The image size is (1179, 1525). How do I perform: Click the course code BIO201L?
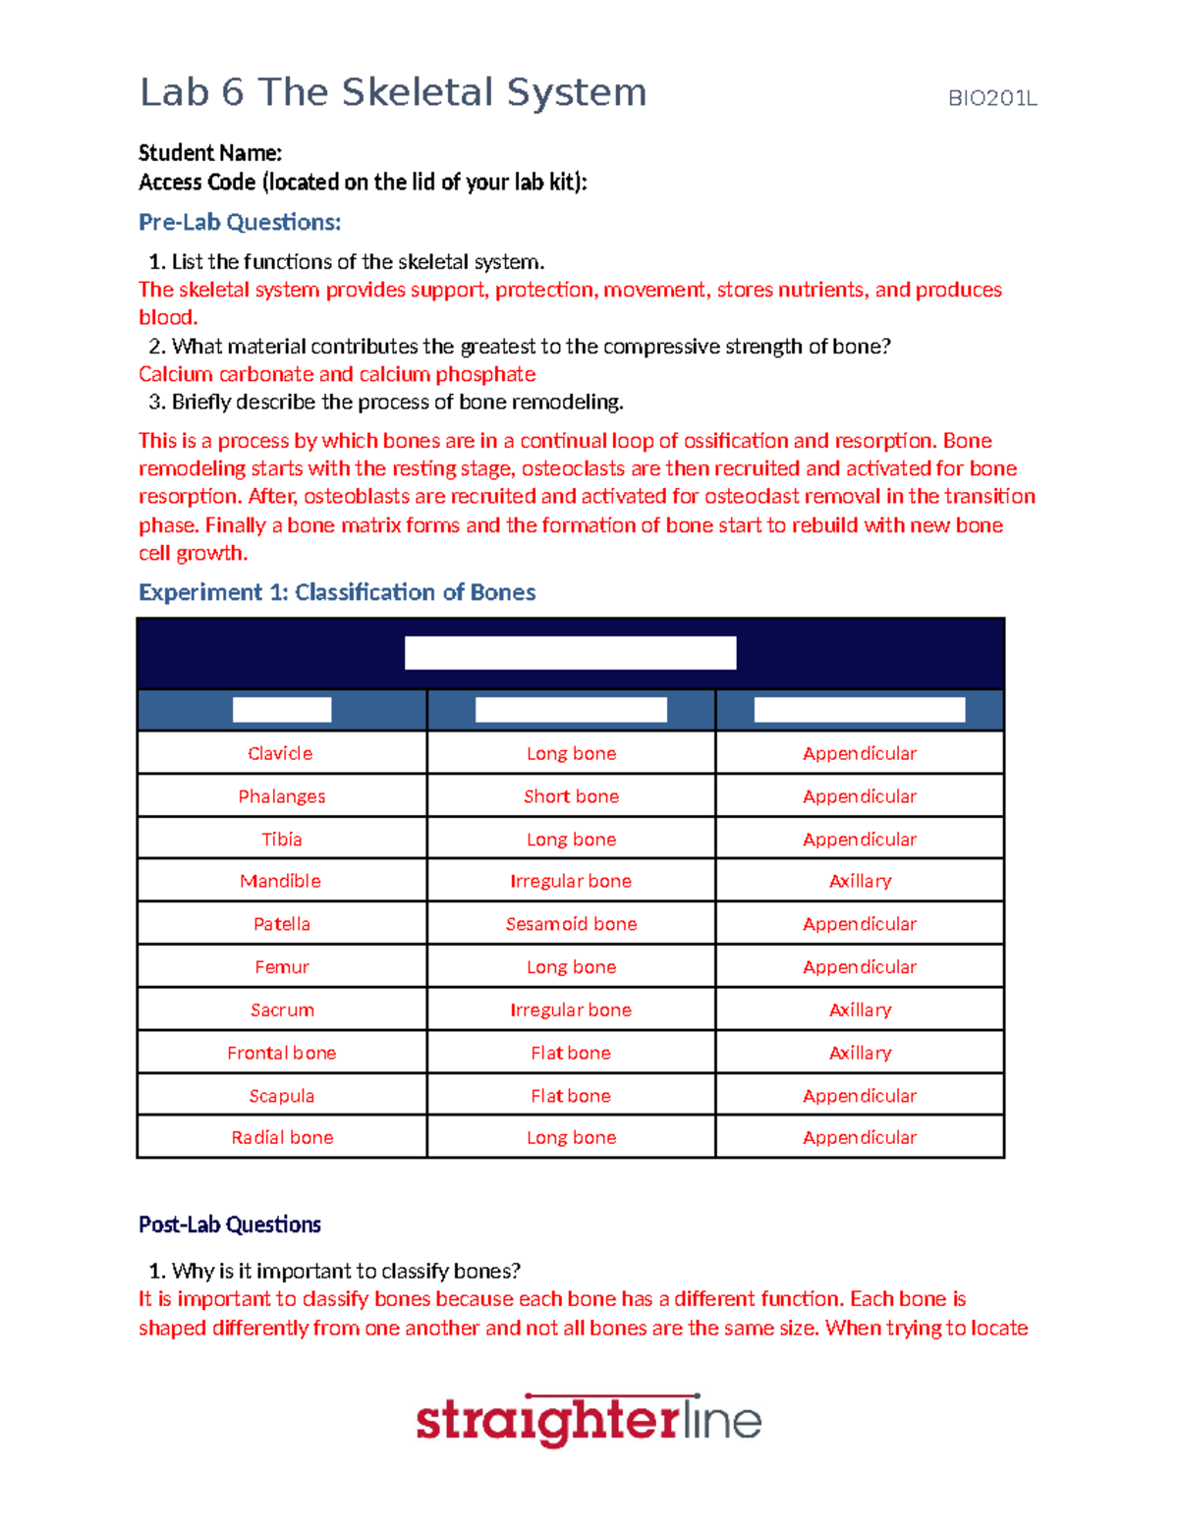click(991, 98)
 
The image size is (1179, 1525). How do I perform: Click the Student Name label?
click(210, 153)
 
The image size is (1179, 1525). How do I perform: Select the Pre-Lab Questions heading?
click(240, 223)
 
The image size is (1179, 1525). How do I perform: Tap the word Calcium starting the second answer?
click(175, 374)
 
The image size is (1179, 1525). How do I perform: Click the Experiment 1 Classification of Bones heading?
click(337, 592)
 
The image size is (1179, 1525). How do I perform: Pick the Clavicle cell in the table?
click(280, 753)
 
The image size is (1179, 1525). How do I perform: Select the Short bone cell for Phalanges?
click(571, 796)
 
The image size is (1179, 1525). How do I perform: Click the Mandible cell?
click(280, 881)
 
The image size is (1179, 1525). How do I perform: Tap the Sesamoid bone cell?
click(571, 924)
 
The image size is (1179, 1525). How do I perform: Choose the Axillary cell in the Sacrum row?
click(860, 1009)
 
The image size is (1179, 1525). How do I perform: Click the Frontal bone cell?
click(281, 1053)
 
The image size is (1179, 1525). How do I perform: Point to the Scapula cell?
click(281, 1096)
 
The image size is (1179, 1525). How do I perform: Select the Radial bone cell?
click(282, 1137)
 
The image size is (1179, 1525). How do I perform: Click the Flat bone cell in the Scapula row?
click(571, 1096)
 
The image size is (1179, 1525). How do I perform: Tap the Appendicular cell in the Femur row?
click(860, 967)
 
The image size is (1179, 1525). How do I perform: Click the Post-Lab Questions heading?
click(230, 1225)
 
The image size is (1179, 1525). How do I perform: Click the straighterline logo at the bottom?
click(589, 1420)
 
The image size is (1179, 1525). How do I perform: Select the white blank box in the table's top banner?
click(570, 653)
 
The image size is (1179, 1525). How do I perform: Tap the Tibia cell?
click(281, 840)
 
